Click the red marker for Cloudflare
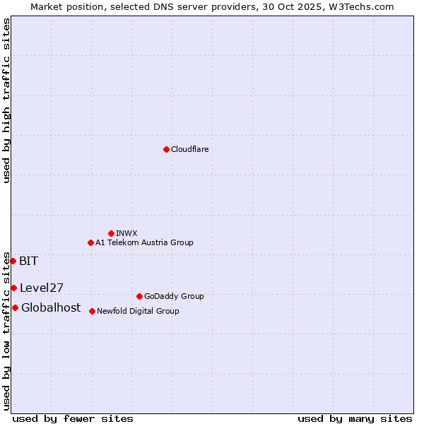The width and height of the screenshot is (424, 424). (166, 149)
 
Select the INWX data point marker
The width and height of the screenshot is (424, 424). (111, 233)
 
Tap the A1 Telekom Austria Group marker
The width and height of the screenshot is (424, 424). (90, 242)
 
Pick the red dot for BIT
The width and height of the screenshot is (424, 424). (13, 261)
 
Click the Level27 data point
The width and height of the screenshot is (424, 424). (13, 288)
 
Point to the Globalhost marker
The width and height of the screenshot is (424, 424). (15, 307)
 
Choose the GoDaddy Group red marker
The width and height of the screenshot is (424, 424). (139, 296)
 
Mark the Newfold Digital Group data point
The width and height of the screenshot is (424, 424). (92, 311)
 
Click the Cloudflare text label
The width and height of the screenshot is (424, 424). (189, 149)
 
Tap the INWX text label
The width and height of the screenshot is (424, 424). (126, 233)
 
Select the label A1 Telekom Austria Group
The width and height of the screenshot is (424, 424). (144, 242)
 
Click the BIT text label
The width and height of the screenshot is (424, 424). (28, 261)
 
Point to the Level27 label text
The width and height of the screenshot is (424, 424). (42, 288)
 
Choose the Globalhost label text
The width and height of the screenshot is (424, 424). (51, 307)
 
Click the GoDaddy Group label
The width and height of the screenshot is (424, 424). (173, 296)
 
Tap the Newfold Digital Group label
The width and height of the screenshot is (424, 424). (138, 311)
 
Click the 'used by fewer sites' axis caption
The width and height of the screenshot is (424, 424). (73, 418)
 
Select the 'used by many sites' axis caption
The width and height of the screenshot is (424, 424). (355, 418)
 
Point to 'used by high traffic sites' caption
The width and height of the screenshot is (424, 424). (6, 100)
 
